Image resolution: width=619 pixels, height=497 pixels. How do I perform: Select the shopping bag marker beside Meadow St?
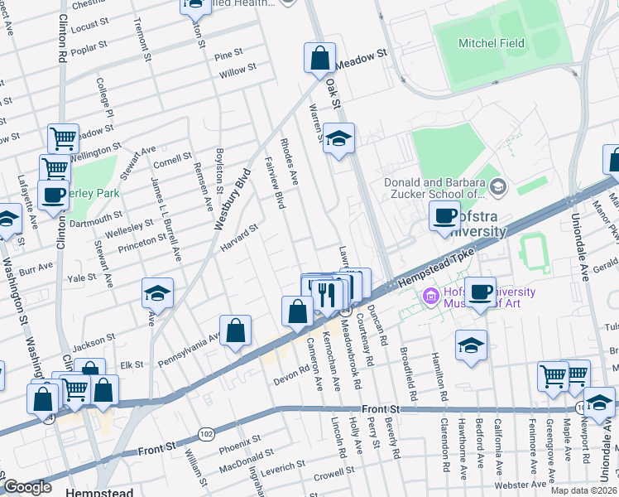(319, 59)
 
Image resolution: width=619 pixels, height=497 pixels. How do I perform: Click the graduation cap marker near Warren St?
(338, 139)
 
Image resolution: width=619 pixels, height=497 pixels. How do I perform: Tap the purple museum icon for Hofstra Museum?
(430, 297)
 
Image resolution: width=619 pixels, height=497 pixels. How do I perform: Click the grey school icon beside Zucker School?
(497, 188)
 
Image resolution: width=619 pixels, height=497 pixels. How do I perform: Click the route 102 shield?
(205, 433)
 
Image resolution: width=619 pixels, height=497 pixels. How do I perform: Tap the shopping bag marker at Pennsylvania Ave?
(236, 330)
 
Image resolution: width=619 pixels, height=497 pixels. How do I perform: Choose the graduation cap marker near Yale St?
(156, 293)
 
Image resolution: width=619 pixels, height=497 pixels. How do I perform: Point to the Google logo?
(27, 487)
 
